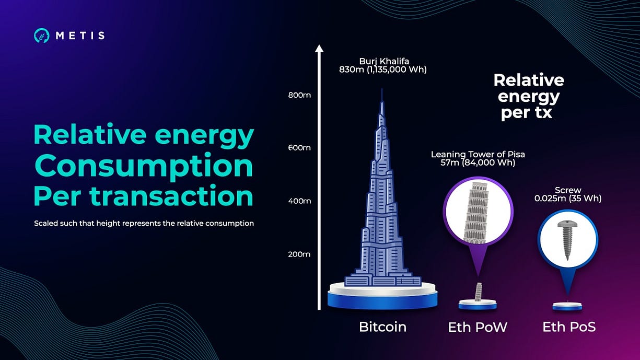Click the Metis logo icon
click(41, 36)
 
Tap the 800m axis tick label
click(299, 95)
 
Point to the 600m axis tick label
click(299, 148)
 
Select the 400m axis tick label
click(299, 201)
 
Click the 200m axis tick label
click(299, 254)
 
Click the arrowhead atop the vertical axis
click(318, 49)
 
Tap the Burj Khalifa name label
click(382, 61)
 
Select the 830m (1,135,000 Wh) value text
click(382, 69)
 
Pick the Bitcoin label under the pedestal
click(382, 327)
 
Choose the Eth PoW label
click(478, 328)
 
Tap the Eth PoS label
click(569, 328)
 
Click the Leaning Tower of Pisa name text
click(478, 154)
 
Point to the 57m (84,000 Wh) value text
click(478, 163)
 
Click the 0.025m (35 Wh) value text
click(567, 199)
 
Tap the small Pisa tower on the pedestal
click(477, 292)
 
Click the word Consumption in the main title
click(143, 166)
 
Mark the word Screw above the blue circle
click(567, 190)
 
